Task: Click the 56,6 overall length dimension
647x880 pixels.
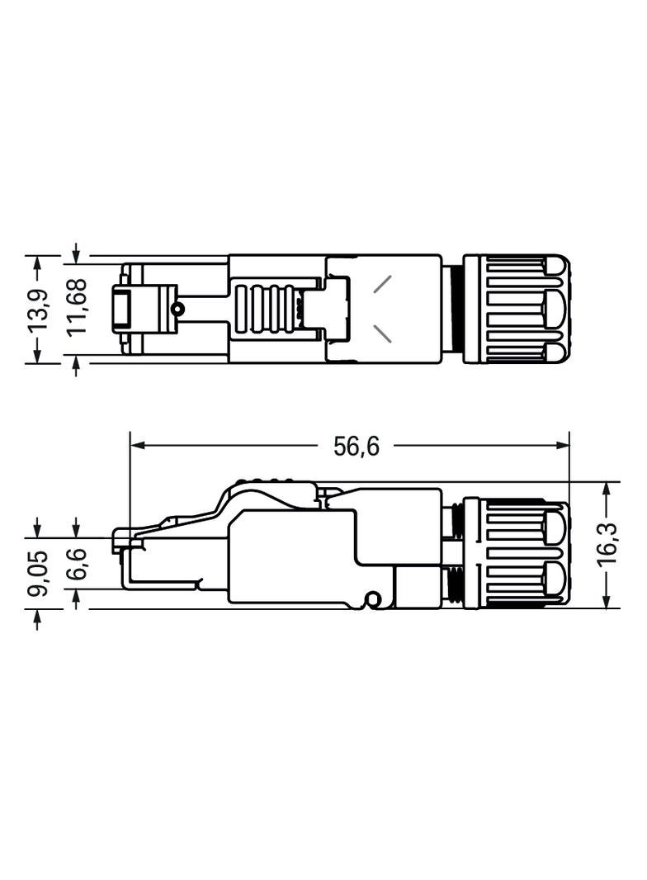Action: [357, 447]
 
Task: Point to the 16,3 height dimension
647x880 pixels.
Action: [608, 545]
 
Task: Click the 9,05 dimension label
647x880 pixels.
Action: [39, 573]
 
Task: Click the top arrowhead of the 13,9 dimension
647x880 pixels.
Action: [37, 262]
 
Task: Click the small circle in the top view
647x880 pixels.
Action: [176, 309]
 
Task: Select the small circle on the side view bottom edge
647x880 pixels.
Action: [373, 598]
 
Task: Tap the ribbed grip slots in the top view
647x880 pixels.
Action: [265, 309]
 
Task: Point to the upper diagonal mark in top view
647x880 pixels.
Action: [384, 283]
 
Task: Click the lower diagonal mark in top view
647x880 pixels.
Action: [384, 334]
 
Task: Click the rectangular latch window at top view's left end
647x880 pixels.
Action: [121, 309]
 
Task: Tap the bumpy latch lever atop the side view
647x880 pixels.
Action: [264, 486]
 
